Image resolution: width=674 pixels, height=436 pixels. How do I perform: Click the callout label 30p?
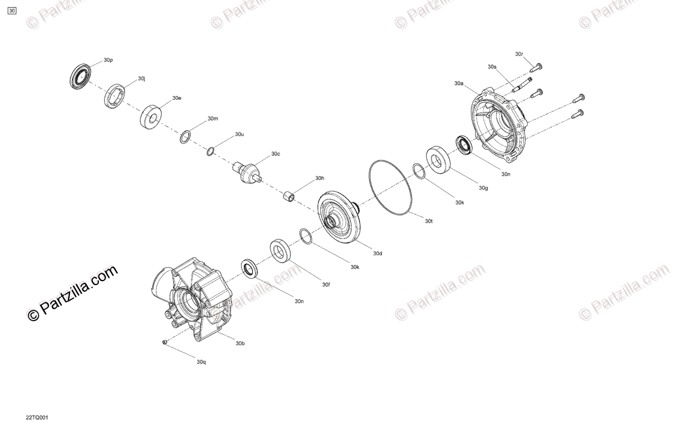point(108,60)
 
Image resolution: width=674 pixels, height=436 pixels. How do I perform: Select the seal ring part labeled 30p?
point(80,76)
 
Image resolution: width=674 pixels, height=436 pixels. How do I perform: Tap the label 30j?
point(142,79)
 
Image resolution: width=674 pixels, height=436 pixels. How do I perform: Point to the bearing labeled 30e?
point(151,117)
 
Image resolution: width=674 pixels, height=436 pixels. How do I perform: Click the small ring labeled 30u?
point(211,152)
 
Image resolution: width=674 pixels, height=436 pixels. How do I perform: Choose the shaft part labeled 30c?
point(247,173)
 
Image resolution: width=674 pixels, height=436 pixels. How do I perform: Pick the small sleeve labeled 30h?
point(289,196)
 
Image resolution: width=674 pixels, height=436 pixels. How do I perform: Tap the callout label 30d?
point(377,254)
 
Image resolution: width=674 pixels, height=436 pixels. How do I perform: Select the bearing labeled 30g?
point(439,159)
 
